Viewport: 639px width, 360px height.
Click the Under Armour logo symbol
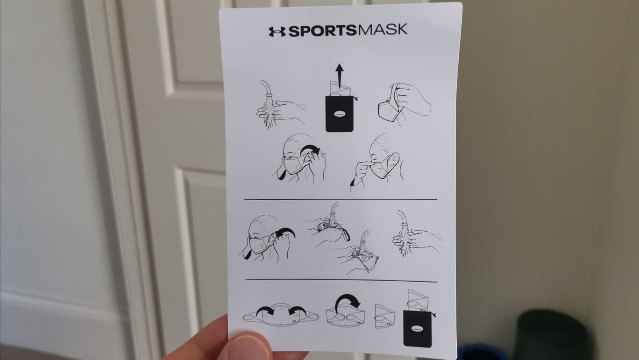coord(277,31)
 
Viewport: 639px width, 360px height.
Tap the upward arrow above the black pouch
coord(339,74)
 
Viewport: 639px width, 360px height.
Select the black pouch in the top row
coord(339,114)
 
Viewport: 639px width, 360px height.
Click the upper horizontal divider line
coord(339,199)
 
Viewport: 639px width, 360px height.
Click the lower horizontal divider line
coord(339,280)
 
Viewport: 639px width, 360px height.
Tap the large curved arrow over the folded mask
coord(346,301)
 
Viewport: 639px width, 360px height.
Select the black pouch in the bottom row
coord(417,327)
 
